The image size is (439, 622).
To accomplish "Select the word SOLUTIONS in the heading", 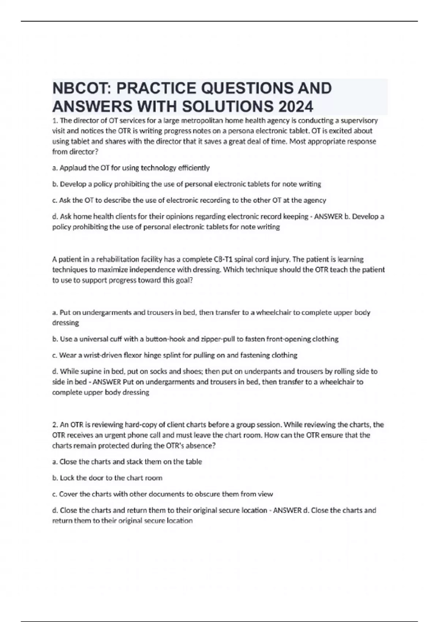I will (x=227, y=106).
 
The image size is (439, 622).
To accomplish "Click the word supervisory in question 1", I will (x=359, y=120).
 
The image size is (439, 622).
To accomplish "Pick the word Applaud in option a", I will (x=72, y=168).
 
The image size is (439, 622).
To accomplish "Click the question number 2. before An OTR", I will (x=55, y=425).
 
